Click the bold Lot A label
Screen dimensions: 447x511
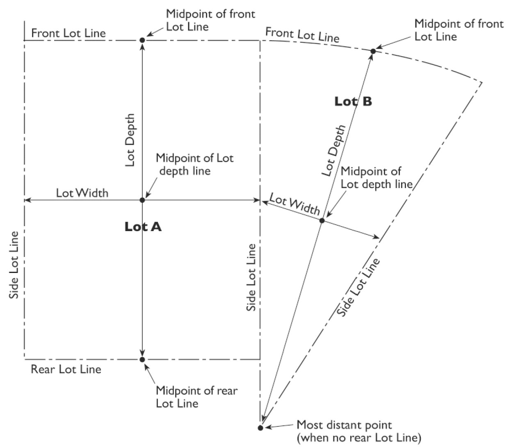[143, 227]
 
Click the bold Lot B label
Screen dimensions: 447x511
[353, 101]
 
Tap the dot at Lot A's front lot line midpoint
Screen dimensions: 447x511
[142, 40]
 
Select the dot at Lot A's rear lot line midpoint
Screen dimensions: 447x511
[142, 360]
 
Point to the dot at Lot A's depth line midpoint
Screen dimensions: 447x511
[142, 200]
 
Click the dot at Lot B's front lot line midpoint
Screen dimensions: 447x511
[373, 51]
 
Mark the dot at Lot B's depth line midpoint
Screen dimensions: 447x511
[322, 220]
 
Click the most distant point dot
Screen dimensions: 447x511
[260, 428]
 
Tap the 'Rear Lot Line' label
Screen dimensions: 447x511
[66, 369]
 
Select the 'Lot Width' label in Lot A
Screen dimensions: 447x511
[82, 193]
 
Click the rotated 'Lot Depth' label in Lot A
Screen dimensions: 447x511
[130, 140]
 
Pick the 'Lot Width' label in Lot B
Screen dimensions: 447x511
[294, 205]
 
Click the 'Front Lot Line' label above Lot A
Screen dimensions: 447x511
[68, 33]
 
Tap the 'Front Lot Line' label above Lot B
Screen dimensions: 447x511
[302, 34]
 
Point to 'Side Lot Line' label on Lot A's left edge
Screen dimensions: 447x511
[14, 265]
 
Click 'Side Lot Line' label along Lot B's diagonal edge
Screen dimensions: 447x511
[358, 287]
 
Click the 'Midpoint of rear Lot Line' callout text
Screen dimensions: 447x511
[196, 397]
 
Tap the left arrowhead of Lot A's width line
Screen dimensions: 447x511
[26, 200]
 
